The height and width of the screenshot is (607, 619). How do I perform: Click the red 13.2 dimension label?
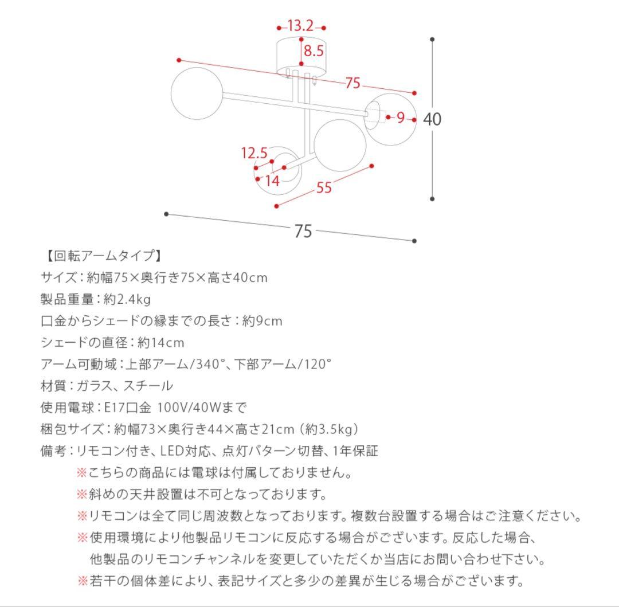301,26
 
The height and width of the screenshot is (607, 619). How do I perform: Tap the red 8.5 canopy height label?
314,51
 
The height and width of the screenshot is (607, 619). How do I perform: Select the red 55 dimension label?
324,187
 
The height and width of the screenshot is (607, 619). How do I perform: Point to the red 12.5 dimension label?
254,153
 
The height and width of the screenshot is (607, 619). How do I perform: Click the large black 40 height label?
432,119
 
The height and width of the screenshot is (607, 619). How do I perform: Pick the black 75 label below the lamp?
303,230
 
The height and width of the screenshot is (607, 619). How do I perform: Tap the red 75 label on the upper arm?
353,83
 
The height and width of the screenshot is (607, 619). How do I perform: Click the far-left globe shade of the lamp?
197,93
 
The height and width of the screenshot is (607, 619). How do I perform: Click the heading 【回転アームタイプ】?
102,256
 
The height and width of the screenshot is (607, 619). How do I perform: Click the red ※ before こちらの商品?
82,473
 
